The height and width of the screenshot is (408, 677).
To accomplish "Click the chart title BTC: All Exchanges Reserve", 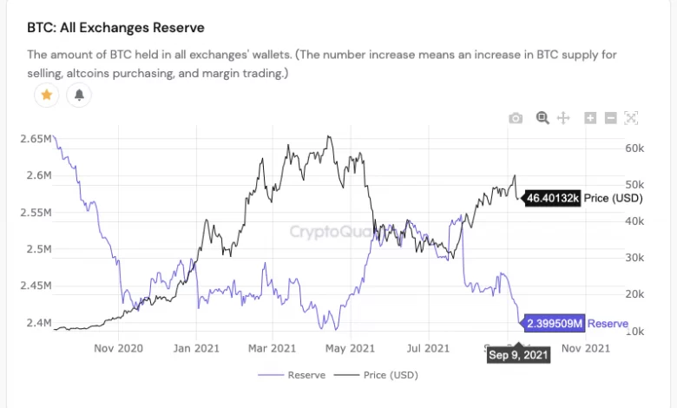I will point(115,28).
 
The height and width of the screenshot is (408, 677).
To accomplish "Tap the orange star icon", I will point(46,95).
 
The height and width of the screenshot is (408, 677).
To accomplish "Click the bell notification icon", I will point(78,95).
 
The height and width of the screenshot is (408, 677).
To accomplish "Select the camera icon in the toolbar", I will point(516,118).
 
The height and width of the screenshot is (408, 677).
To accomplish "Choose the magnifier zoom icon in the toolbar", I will point(542,117).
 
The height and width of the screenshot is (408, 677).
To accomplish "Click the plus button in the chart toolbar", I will point(590,118).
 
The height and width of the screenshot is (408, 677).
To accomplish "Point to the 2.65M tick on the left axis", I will point(36,139).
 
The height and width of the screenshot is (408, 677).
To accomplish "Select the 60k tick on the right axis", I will point(635,148).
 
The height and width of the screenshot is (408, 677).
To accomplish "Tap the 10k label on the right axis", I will point(635,331).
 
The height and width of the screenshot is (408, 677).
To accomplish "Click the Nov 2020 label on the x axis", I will point(118,349).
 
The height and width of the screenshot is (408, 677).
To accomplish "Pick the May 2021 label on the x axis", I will point(352,349).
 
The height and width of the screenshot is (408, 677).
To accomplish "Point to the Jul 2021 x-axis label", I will point(428,349).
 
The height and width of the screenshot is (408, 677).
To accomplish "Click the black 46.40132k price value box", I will point(553,198).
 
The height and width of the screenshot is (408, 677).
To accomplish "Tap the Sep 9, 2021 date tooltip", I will point(517,354).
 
